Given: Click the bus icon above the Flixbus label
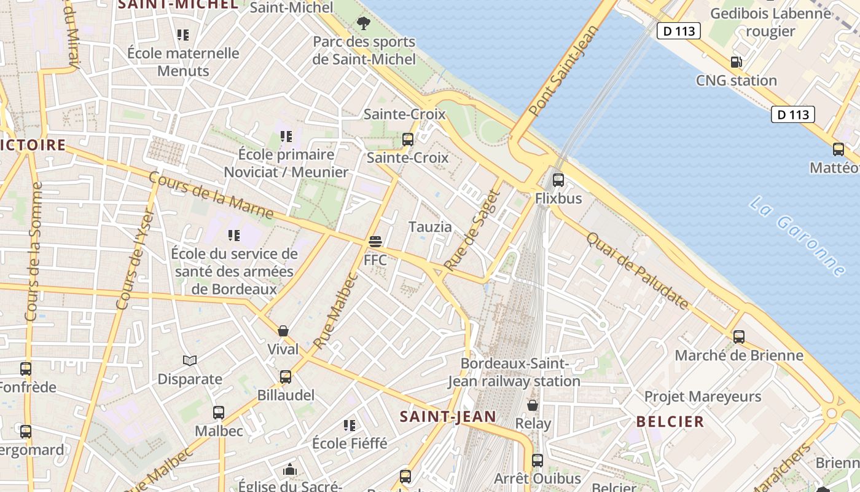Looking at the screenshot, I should pos(558,180).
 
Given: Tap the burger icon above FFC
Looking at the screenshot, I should pos(375,241).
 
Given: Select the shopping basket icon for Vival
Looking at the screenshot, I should pos(283,331).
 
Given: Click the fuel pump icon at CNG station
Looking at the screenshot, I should pos(736,62).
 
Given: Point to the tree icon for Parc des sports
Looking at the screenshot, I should pos(364,24).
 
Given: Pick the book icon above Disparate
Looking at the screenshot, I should pos(190,360).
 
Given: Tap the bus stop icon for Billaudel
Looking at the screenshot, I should pos(286,377).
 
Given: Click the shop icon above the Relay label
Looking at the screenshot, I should pos(533,405).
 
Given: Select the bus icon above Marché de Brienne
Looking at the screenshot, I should pos(739,337).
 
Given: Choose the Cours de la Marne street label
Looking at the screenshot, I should pos(211,196).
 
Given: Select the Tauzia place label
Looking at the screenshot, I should pos(430,227).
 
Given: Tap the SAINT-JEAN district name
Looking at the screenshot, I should pos(448,416).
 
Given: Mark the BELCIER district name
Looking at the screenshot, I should pos(670,421).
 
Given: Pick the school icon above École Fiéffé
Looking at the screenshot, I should pos(350,425).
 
